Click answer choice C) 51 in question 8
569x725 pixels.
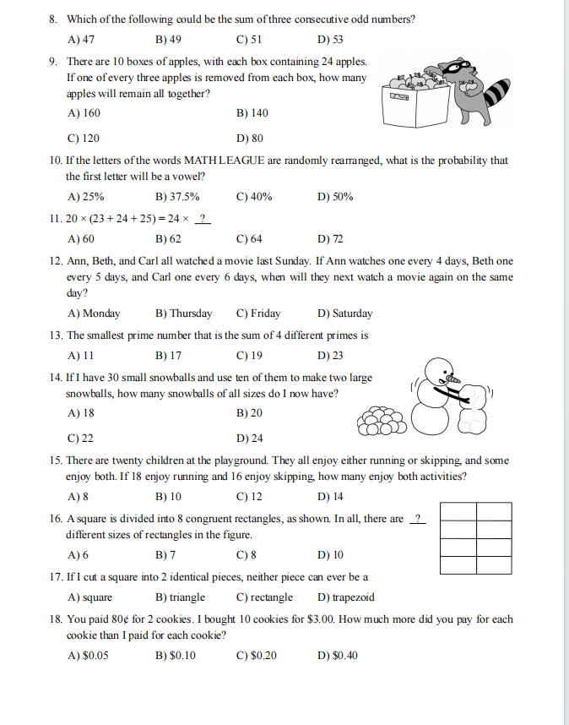click(250, 39)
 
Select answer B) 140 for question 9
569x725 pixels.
click(252, 112)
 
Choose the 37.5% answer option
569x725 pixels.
click(177, 197)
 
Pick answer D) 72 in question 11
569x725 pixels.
click(330, 238)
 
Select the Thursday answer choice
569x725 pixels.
click(184, 313)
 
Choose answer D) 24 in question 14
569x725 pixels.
click(250, 438)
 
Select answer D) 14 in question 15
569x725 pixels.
click(330, 496)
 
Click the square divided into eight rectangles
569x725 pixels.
click(476, 537)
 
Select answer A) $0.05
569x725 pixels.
click(87, 655)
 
